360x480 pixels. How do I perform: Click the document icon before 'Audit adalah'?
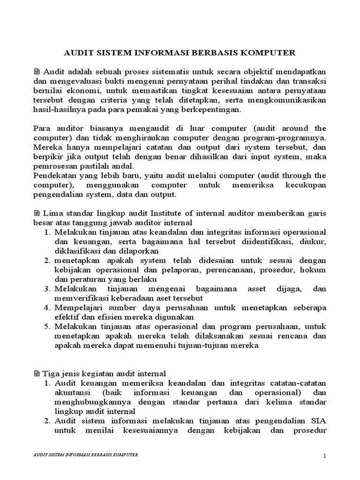click(37, 72)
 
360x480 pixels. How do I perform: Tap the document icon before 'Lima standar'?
click(37, 213)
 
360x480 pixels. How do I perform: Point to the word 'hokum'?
click(315, 270)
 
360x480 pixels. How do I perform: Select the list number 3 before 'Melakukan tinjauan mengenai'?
click(48, 289)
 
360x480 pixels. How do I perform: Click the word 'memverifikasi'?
click(78, 298)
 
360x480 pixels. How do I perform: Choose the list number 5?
click(48, 327)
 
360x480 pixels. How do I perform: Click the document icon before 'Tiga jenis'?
click(37, 374)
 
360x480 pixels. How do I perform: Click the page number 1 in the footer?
click(323, 457)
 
